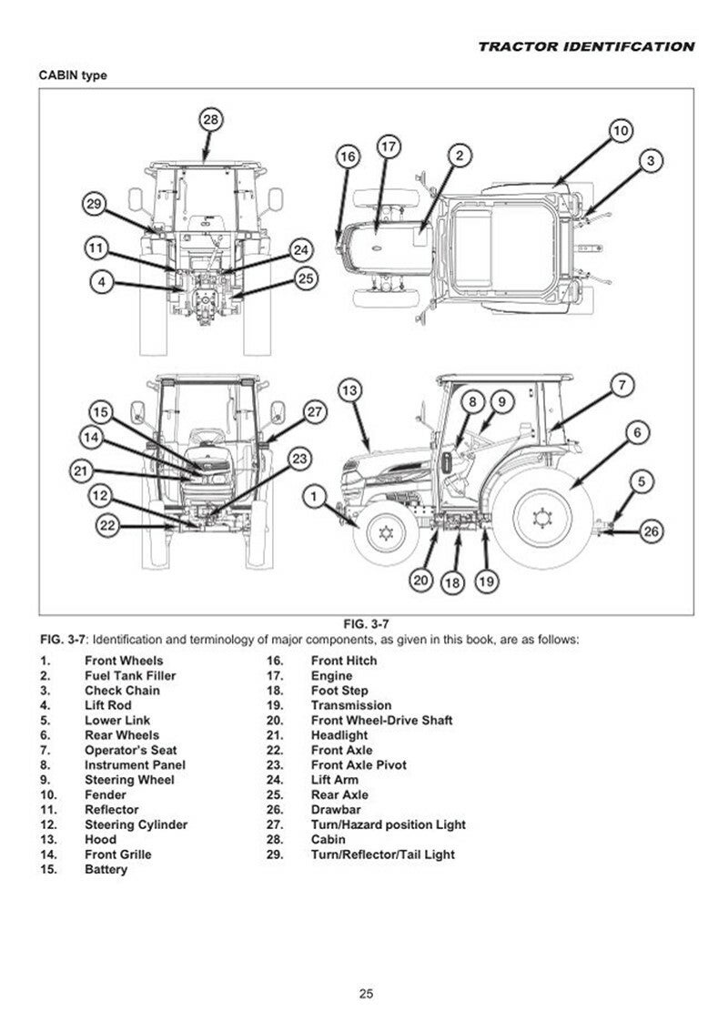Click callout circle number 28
[x=211, y=120]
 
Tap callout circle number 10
[x=620, y=131]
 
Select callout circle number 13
[x=350, y=390]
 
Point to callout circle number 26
[x=650, y=531]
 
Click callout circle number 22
[x=108, y=525]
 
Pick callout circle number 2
[x=460, y=156]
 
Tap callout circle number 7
[x=621, y=385]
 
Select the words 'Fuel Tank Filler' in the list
[x=130, y=676]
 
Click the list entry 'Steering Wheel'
[x=129, y=780]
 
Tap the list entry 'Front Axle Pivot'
[x=359, y=765]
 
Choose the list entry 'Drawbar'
[x=336, y=810]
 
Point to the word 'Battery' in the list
[x=106, y=869]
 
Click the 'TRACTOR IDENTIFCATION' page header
[x=586, y=46]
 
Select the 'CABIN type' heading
[x=73, y=76]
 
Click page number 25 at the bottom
[x=365, y=994]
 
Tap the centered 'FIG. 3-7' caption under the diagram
[x=366, y=623]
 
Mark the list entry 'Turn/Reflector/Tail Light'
[x=382, y=854]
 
